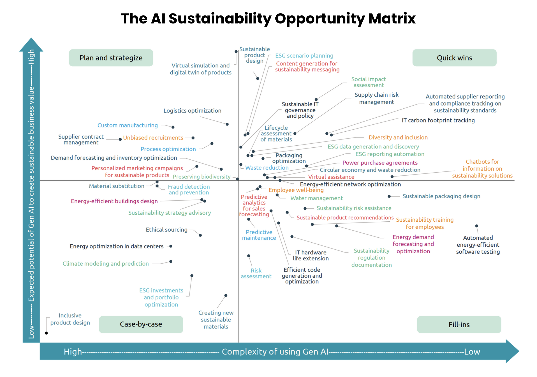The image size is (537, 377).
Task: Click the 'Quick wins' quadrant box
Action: tap(454, 58)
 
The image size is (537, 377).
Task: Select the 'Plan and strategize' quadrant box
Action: tap(111, 58)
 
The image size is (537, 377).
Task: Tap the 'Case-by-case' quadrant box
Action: tap(141, 324)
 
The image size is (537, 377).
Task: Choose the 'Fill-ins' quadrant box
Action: tap(459, 324)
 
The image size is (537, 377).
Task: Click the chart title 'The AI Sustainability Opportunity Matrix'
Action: tap(268, 19)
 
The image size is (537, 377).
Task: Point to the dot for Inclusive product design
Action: tap(46, 333)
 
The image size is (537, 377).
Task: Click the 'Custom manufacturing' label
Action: tap(128, 125)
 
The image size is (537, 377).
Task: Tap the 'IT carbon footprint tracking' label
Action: tap(438, 120)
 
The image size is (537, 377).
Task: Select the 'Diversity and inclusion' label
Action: tap(398, 137)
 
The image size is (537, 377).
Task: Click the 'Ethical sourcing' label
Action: tap(167, 230)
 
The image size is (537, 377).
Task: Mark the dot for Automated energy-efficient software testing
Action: tap(477, 226)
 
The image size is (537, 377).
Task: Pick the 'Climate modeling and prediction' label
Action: tap(106, 263)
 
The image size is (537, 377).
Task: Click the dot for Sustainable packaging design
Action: tap(389, 196)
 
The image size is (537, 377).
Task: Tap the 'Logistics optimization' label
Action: tap(192, 111)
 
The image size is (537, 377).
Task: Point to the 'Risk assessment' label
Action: tap(256, 273)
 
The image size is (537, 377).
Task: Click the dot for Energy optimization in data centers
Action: tap(171, 246)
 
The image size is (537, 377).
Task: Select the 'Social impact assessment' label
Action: tap(369, 82)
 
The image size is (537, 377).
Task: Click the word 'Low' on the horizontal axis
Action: tap(472, 352)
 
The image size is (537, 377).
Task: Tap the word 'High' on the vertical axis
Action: tap(31, 57)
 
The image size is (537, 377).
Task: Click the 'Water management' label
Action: tap(317, 198)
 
